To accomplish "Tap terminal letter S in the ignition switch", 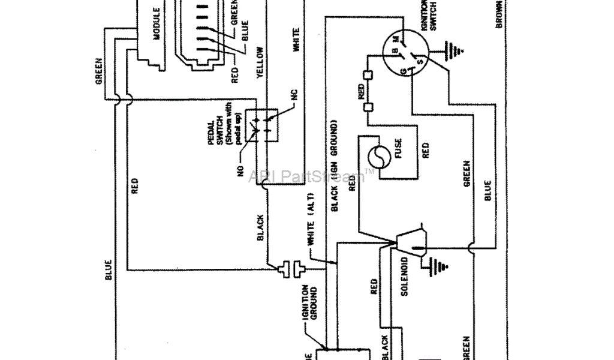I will point(420,61).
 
